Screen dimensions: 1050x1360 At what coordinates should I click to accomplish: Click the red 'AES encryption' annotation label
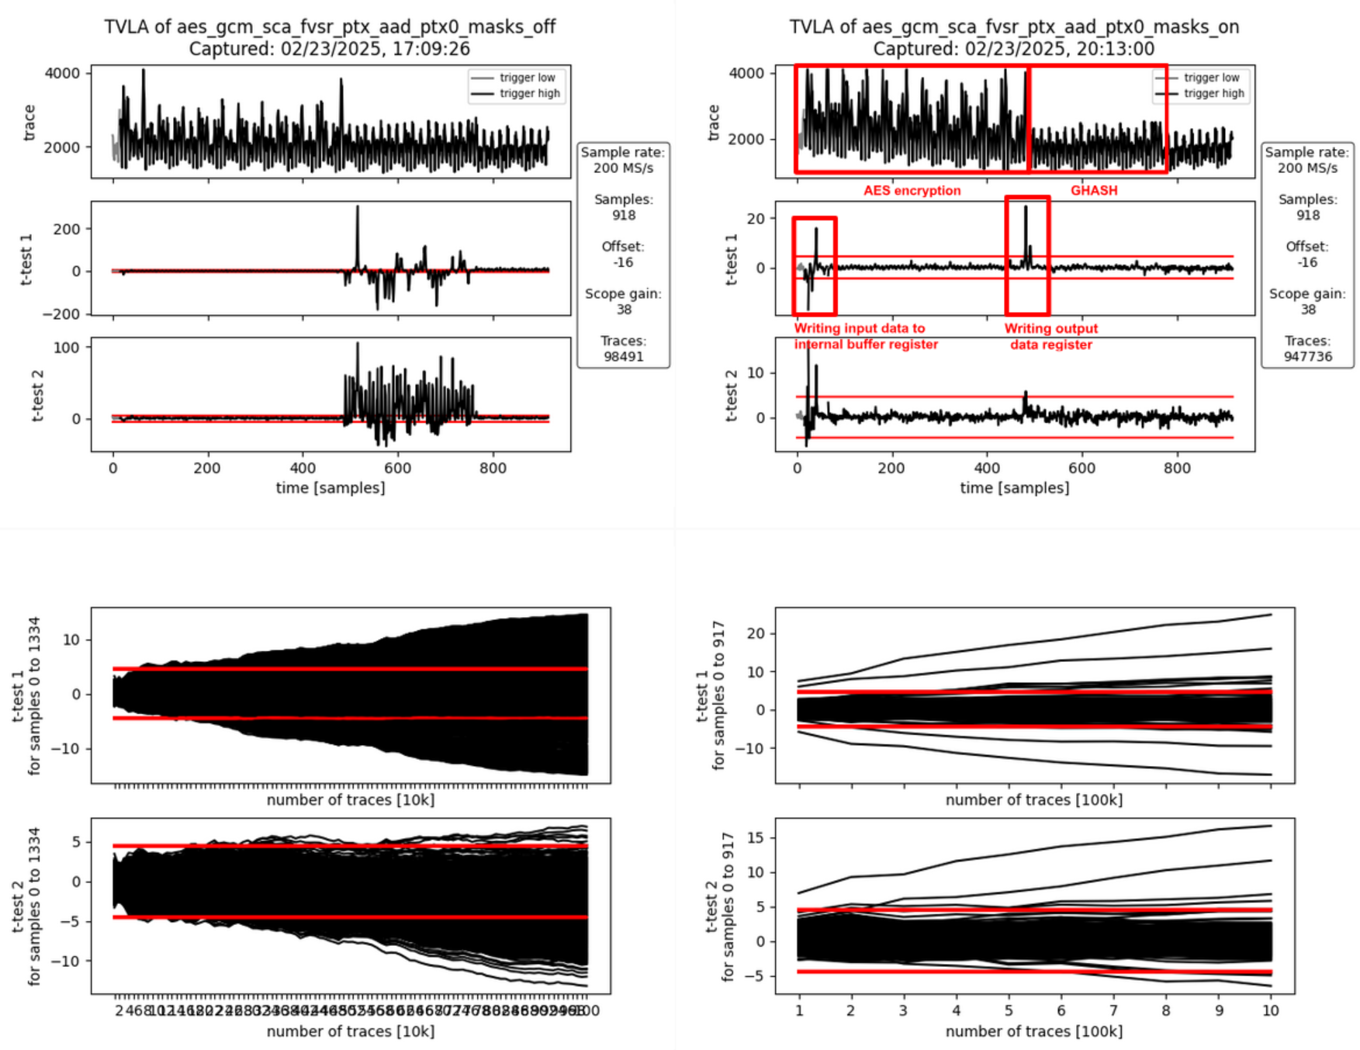pyautogui.click(x=912, y=191)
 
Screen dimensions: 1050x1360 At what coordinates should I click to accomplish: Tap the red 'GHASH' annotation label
pyautogui.click(x=1094, y=191)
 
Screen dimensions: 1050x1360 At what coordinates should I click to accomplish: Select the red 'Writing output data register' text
pyautogui.click(x=1051, y=337)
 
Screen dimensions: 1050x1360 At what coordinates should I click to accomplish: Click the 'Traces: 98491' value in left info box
pyautogui.click(x=623, y=349)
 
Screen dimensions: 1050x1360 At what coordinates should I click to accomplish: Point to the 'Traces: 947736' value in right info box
pyautogui.click(x=1307, y=349)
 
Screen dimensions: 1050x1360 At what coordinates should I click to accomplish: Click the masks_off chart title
pyautogui.click(x=330, y=37)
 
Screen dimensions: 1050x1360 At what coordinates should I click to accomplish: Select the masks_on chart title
pyautogui.click(x=1014, y=37)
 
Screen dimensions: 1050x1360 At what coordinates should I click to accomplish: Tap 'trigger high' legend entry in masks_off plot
pyautogui.click(x=529, y=94)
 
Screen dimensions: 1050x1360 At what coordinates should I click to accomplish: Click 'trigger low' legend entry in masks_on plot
pyautogui.click(x=1211, y=78)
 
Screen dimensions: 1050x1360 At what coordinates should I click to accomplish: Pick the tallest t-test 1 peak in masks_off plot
pyautogui.click(x=358, y=208)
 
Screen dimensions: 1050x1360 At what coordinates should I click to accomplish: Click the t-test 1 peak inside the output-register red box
pyautogui.click(x=1026, y=208)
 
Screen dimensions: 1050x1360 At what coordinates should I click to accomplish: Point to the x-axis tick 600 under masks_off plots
pyautogui.click(x=397, y=468)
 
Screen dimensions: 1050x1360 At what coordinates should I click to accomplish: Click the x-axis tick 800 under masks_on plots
pyautogui.click(x=1177, y=468)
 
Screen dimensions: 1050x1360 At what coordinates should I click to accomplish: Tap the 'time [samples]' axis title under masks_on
pyautogui.click(x=1014, y=488)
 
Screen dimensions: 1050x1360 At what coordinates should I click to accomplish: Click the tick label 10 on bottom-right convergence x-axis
pyautogui.click(x=1270, y=1010)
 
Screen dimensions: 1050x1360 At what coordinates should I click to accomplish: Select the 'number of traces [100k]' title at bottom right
pyautogui.click(x=1033, y=1031)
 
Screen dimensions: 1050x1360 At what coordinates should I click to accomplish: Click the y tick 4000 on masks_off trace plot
pyautogui.click(x=62, y=74)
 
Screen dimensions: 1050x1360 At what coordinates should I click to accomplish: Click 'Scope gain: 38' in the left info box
pyautogui.click(x=623, y=302)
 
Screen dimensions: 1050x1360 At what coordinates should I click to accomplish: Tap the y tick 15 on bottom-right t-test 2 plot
pyautogui.click(x=756, y=838)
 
